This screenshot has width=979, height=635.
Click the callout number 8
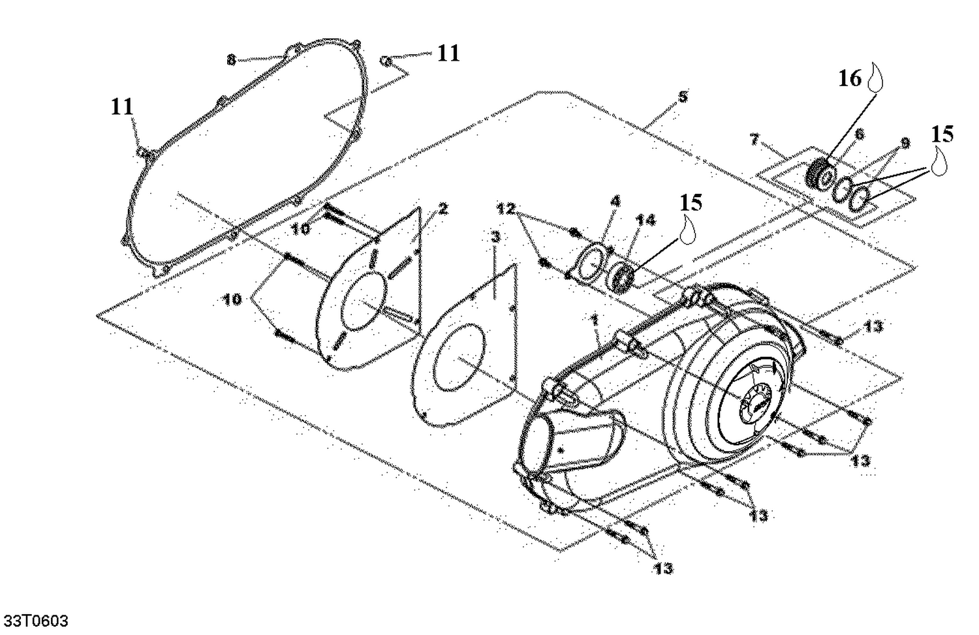231,60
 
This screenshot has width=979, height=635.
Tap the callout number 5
683,97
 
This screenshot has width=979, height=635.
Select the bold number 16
850,79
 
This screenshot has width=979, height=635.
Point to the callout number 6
860,134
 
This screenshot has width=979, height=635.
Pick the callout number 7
755,138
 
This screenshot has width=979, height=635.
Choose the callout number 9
905,142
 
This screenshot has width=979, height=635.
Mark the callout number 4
615,202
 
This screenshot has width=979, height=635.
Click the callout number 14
645,221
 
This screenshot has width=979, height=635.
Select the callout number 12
506,209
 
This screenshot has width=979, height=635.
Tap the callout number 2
443,209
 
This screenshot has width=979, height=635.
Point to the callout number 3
495,236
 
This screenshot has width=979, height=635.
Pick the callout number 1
594,320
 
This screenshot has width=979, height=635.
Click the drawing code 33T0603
36,620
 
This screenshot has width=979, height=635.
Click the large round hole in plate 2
357,301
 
